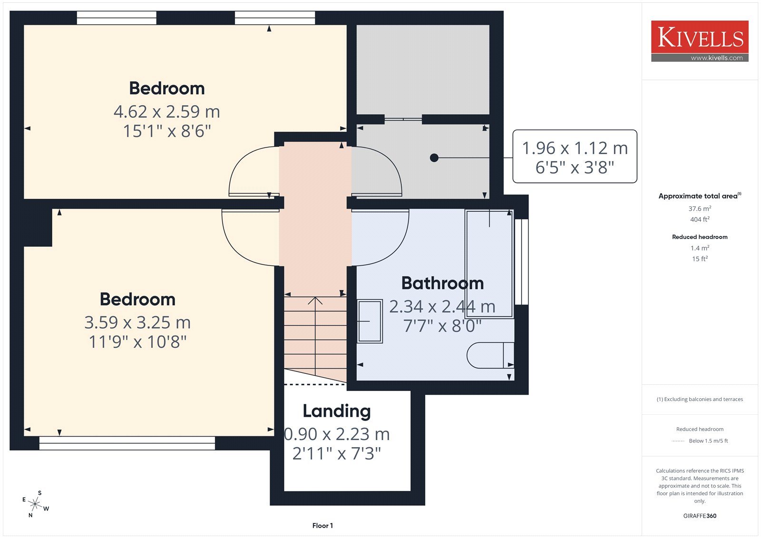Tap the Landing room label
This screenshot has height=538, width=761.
(337, 411)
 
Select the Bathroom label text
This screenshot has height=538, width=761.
(442, 283)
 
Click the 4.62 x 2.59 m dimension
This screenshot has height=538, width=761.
(167, 112)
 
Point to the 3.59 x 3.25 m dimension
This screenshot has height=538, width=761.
(137, 323)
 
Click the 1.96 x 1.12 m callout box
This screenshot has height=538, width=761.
(575, 157)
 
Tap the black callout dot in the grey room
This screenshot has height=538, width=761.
(434, 158)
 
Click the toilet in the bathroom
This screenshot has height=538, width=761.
(490, 355)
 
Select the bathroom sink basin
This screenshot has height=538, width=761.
(370, 321)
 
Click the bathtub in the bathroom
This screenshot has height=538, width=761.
(489, 264)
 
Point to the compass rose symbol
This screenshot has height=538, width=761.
(35, 504)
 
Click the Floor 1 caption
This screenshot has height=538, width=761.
(322, 526)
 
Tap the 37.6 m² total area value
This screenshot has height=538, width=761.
(700, 208)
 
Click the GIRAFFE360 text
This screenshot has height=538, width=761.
(700, 516)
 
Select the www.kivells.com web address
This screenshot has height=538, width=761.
(717, 58)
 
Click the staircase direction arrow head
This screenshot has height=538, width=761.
(315, 300)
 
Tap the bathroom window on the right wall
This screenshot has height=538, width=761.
(521, 262)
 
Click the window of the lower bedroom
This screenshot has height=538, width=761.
(127, 443)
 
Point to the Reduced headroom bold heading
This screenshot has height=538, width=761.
(700, 237)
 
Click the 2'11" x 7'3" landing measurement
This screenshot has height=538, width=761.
(337, 453)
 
